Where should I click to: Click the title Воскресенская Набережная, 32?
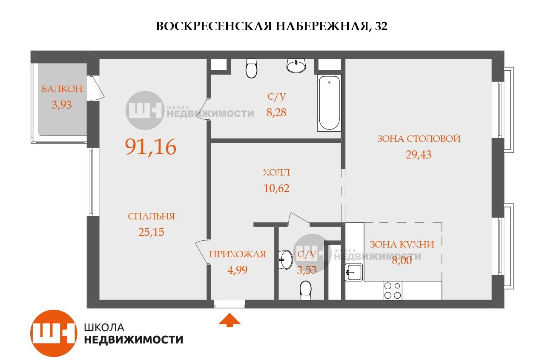point(272,26)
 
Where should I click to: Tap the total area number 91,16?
point(150,147)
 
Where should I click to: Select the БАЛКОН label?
point(61,89)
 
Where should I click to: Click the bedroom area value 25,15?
point(151,232)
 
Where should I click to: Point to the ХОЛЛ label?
point(276,173)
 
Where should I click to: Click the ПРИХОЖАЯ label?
point(237,254)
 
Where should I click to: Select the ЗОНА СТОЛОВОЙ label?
point(419,139)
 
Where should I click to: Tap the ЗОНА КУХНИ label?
point(402,245)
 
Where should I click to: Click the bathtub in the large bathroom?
point(329,103)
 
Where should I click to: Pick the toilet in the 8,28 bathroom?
point(252,68)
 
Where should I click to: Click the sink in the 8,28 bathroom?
point(296,65)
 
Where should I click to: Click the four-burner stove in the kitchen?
point(392,291)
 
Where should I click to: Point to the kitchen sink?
point(353,272)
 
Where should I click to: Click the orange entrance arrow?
point(229,320)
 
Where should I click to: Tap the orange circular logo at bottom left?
point(53,333)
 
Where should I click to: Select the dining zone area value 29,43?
point(419,155)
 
